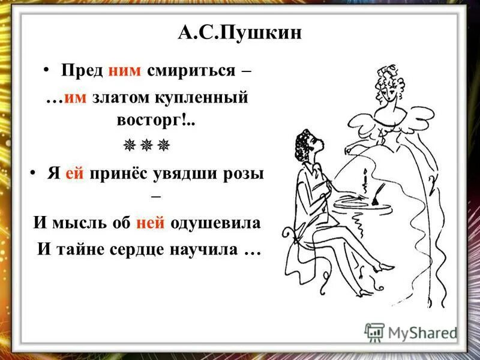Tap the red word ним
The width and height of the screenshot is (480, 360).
(x=125, y=71)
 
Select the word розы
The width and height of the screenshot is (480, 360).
(x=243, y=174)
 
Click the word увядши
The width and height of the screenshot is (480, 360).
(x=191, y=174)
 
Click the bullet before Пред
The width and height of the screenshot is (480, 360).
(x=46, y=71)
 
